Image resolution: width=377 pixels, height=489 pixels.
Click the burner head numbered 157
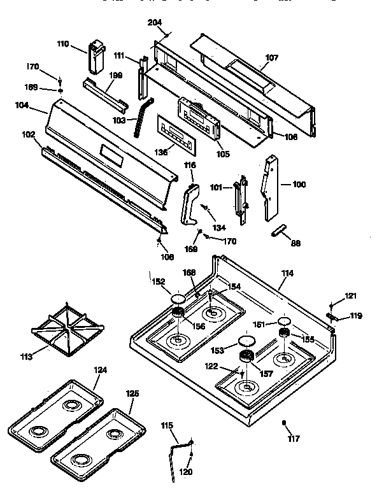click(x=246, y=358)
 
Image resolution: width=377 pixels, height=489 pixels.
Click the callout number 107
click(x=272, y=57)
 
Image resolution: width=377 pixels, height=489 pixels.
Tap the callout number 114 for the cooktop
click(x=288, y=273)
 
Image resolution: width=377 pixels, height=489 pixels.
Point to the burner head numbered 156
click(x=178, y=311)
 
